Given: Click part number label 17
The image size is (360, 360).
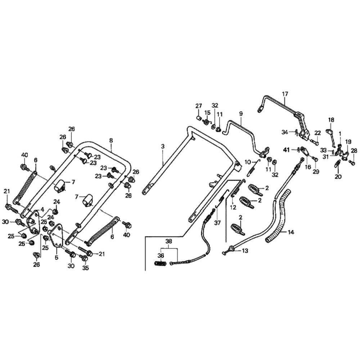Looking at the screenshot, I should [x=285, y=94].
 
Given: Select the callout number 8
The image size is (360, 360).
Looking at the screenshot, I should [x=111, y=140].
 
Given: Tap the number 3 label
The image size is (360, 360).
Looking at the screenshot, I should [x=163, y=146].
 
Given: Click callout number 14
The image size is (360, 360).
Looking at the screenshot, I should [x=291, y=233].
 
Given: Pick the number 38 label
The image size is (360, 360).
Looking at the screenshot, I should [x=169, y=242].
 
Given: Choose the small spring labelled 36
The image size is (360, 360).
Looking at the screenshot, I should [x=161, y=264].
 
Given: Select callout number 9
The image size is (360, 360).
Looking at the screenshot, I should [x=241, y=113].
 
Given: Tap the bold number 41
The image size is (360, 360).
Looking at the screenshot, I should [x=286, y=149].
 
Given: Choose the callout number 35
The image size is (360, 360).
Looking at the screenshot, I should [x=85, y=268].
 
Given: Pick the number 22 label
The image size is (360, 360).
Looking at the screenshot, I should [x=318, y=133].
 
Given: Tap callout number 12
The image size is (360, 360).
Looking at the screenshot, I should [x=233, y=207].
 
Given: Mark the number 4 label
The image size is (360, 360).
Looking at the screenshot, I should [x=42, y=209].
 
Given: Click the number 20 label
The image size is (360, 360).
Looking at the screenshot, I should [x=338, y=176].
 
